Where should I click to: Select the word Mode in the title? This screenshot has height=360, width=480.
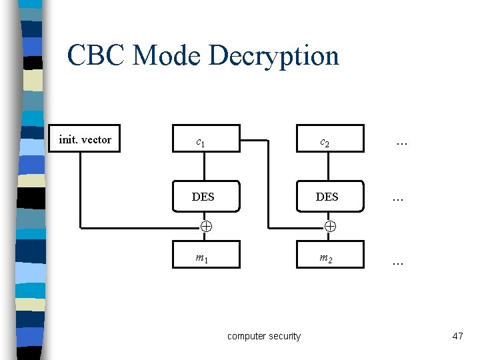tap(167, 55)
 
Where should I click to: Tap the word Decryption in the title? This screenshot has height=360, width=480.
tap(274, 55)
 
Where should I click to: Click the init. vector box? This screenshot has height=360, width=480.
tap(85, 139)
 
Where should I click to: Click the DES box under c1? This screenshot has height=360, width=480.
tap(203, 197)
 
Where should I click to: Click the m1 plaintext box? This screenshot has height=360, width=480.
tap(203, 257)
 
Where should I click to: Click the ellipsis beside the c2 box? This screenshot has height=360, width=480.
tap(401, 142)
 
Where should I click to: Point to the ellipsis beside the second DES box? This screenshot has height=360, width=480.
tap(398, 199)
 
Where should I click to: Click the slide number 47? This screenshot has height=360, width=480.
tap(457, 336)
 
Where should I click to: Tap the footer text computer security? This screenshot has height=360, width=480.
tap(264, 336)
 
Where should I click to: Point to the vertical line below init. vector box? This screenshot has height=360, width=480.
tap(81, 190)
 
